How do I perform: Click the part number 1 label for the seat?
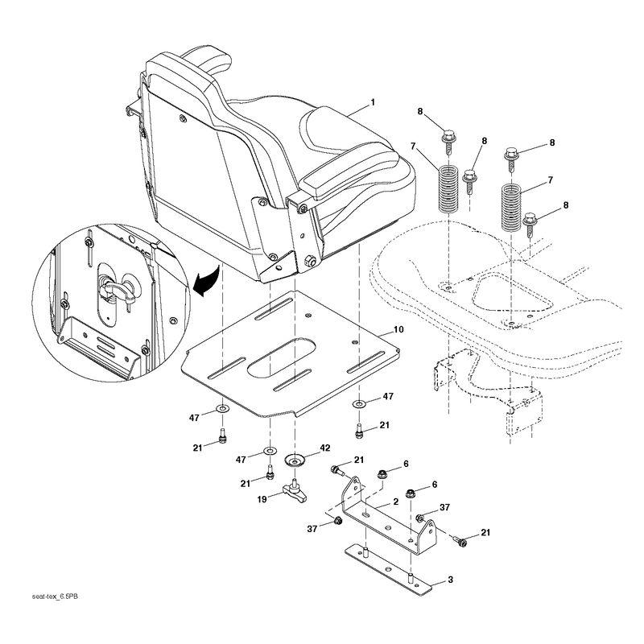pyautogui.click(x=373, y=102)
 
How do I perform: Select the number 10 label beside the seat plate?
pyautogui.click(x=398, y=329)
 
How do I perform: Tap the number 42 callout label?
pyautogui.click(x=325, y=448)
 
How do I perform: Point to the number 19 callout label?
pyautogui.click(x=262, y=499)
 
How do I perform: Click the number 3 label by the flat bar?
pyautogui.click(x=450, y=580)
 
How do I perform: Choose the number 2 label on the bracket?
pyautogui.click(x=395, y=502)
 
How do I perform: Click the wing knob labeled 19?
pyautogui.click(x=294, y=490)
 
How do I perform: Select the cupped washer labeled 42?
pyautogui.click(x=295, y=459)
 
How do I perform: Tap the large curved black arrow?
pyautogui.click(x=206, y=281)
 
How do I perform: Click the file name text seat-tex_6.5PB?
pyautogui.click(x=55, y=597)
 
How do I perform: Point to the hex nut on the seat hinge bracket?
pyautogui.click(x=310, y=260)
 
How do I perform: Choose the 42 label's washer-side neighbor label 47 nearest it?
pyautogui.click(x=241, y=459)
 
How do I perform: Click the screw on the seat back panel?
pyautogui.click(x=183, y=118)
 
